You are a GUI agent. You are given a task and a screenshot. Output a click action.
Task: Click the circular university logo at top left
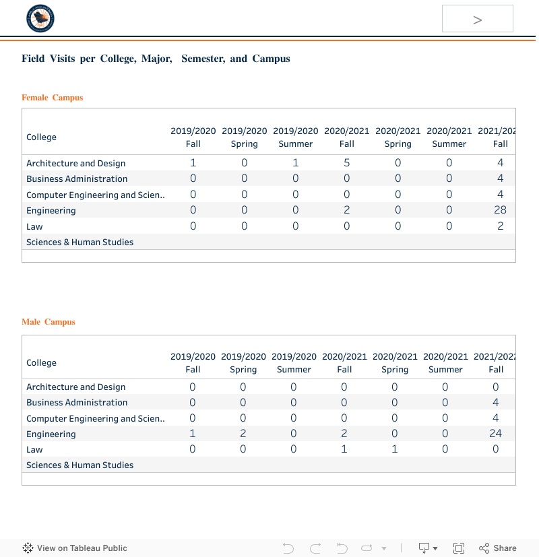click(x=40, y=19)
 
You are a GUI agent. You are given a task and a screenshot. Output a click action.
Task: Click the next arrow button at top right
click(x=477, y=19)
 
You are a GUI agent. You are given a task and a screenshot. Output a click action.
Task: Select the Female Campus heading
click(x=53, y=98)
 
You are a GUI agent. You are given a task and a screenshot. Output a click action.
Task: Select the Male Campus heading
click(x=49, y=322)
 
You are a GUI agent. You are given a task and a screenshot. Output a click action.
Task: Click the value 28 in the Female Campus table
click(x=500, y=210)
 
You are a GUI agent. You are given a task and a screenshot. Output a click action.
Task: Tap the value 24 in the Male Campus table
click(x=495, y=434)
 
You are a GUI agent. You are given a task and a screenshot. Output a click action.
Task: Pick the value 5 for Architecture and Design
click(x=347, y=163)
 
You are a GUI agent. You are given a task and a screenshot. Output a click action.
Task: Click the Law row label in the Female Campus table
click(x=34, y=226)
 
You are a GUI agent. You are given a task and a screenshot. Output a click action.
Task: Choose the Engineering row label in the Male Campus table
click(x=51, y=434)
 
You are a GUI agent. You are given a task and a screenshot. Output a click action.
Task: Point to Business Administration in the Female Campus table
click(x=77, y=178)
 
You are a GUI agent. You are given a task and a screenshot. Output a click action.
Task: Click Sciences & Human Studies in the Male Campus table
click(x=80, y=465)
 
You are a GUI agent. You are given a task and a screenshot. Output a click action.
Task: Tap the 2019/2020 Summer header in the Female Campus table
click(x=296, y=137)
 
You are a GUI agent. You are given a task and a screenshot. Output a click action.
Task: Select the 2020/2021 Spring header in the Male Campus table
click(x=395, y=362)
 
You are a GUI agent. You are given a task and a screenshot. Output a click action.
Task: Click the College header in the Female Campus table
click(x=41, y=137)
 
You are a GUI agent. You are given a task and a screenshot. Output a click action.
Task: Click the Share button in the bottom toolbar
click(x=498, y=548)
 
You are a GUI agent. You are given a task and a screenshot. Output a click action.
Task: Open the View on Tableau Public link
click(x=75, y=548)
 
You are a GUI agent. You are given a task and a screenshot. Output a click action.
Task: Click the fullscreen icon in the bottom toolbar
click(x=459, y=548)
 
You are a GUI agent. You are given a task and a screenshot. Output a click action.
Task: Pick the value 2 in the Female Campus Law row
click(x=500, y=226)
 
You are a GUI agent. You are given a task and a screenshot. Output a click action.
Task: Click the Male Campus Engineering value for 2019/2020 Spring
click(x=243, y=434)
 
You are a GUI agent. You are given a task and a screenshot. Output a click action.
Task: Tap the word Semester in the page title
click(x=202, y=59)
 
